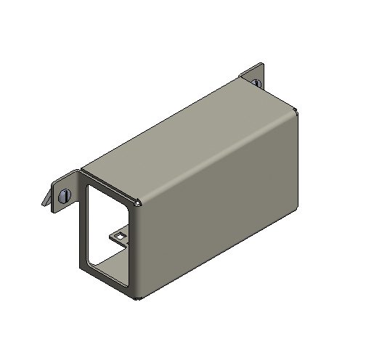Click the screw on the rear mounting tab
pos(257,83)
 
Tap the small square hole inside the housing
pos(118,236)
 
